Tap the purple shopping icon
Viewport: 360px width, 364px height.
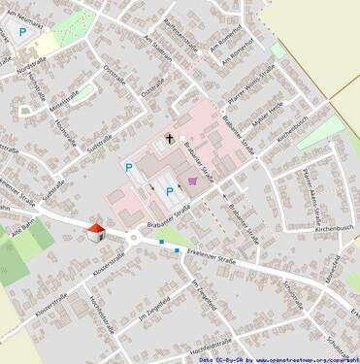[x=194, y=181]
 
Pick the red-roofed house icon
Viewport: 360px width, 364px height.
[x=95, y=232]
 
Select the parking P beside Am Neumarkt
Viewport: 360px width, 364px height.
[x=23, y=32]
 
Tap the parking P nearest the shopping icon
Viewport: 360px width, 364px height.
[x=171, y=191]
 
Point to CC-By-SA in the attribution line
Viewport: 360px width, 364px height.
[x=229, y=359]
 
